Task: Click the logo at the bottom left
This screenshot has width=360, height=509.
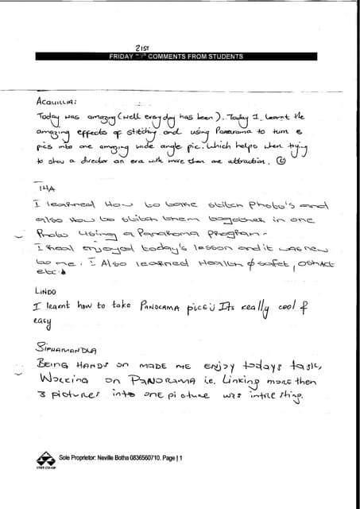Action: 45,460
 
